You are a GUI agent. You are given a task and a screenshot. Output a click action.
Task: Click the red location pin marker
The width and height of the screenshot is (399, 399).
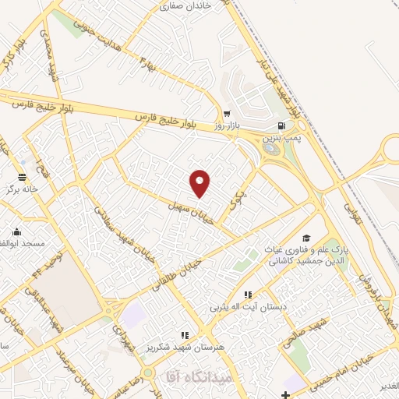coord(200,182)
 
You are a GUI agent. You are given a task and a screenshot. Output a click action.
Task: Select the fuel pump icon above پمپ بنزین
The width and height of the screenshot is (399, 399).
coord(280,125)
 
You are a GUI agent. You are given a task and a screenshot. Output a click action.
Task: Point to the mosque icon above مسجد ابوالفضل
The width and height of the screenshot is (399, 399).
coord(16,231)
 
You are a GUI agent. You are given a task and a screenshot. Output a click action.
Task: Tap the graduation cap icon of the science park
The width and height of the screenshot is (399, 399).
coord(306,238)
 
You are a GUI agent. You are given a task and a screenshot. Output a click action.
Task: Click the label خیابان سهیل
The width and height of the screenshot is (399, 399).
coord(188,208)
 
